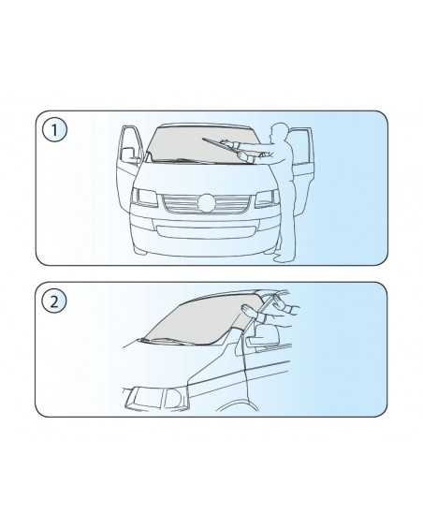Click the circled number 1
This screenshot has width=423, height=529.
click(x=54, y=129)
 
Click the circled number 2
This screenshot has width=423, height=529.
click(x=54, y=301)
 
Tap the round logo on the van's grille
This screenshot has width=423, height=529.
click(x=207, y=203)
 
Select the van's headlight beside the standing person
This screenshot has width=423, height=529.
click(x=267, y=198)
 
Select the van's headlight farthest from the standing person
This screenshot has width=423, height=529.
click(x=145, y=197)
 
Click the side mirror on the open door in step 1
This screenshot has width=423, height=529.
click(x=128, y=154)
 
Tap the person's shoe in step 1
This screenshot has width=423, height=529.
click(x=283, y=259)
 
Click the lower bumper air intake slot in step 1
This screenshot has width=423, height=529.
click(x=205, y=233)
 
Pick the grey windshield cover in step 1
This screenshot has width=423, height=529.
click(x=202, y=144)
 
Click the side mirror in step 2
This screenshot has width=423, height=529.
click(x=267, y=336)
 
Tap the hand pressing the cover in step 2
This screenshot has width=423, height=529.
click(x=249, y=310)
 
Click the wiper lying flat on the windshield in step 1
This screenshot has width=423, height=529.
click(x=182, y=161)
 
